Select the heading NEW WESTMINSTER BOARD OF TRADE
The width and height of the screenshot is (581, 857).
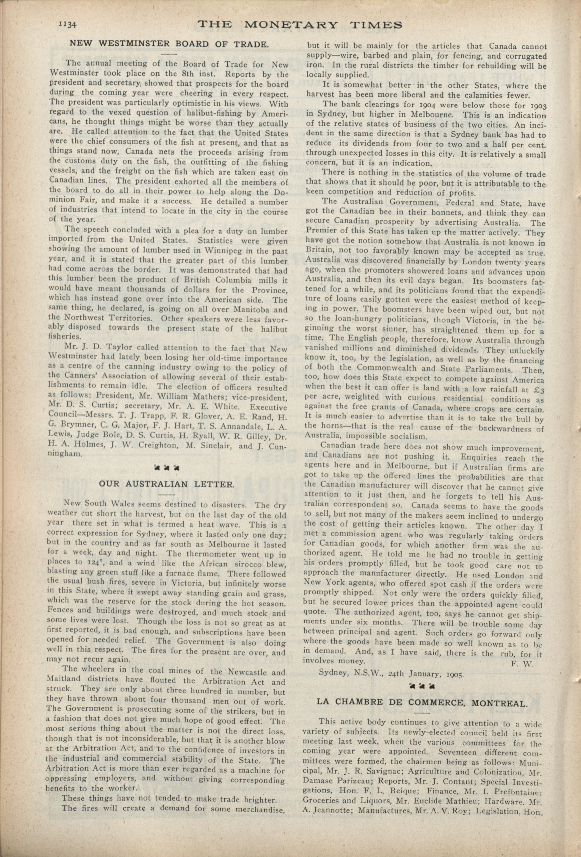click(x=169, y=44)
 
